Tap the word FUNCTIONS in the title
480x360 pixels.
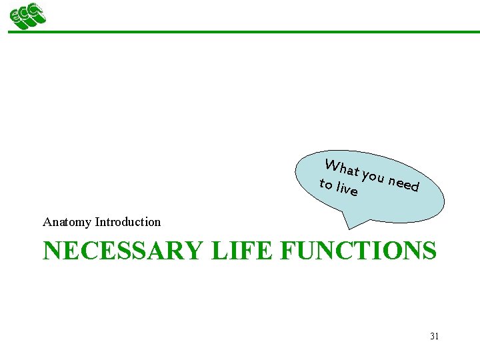(359, 251)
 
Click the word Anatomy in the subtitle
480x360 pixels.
(67, 222)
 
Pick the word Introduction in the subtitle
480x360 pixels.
(128, 222)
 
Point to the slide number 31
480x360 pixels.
(434, 337)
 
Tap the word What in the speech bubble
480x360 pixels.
(341, 169)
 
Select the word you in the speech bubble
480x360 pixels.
(374, 177)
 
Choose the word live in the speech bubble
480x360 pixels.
(347, 189)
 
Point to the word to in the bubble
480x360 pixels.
(326, 183)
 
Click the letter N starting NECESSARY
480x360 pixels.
(51, 251)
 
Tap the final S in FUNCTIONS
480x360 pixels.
(429, 251)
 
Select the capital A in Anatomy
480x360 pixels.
(47, 222)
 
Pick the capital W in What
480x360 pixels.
(331, 165)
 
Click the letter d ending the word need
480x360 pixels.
(415, 186)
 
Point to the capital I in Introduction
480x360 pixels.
(97, 222)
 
